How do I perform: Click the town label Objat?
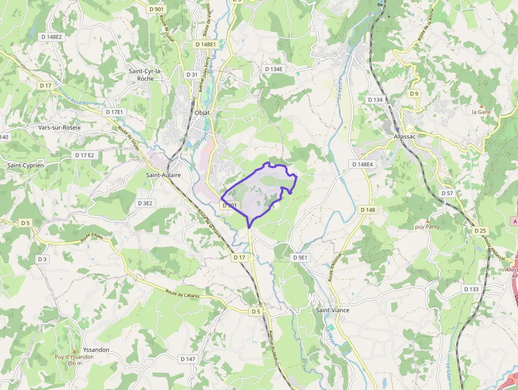[202, 113]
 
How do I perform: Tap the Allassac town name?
[405, 136]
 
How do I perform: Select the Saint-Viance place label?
[332, 310]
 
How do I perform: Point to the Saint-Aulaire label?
[163, 175]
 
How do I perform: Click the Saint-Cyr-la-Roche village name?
[145, 75]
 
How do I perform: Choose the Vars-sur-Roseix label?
[59, 128]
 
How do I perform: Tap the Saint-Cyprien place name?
[25, 166]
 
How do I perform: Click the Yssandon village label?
[82, 350]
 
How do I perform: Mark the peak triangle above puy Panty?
[428, 220]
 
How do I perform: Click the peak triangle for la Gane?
[481, 105]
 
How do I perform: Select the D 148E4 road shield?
[362, 165]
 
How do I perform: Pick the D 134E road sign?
[274, 69]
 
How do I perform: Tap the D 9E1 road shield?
[300, 257]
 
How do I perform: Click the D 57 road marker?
[447, 193]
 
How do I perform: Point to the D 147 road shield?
[188, 359]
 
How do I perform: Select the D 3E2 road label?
[145, 203]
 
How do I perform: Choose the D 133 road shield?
[471, 289]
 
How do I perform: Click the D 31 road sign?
[192, 75]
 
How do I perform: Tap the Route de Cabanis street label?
[183, 294]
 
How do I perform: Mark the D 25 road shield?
[480, 231]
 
